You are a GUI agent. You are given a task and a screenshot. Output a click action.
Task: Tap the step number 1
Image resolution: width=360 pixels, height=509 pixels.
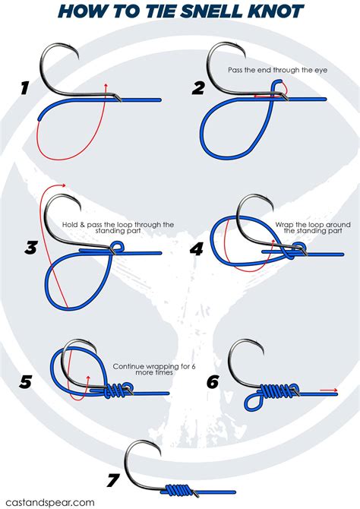click(x=24, y=88)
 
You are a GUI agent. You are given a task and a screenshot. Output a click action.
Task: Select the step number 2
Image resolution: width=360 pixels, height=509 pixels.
click(x=198, y=88)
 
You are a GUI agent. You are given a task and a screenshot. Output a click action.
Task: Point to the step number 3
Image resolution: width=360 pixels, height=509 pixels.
click(x=30, y=247)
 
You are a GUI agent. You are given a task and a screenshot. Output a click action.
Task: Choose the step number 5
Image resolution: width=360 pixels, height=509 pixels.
click(x=25, y=381)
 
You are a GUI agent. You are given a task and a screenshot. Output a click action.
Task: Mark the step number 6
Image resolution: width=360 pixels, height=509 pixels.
click(x=213, y=381)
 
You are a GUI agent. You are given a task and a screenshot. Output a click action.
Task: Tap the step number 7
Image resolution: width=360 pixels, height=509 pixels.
click(x=113, y=479)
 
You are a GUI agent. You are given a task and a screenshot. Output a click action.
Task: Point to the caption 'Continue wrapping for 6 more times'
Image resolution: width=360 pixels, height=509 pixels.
click(x=154, y=369)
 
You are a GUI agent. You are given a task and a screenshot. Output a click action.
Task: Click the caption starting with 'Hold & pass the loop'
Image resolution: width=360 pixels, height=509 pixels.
click(x=118, y=227)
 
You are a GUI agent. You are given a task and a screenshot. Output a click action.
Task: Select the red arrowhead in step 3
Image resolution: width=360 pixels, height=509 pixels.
click(x=65, y=185)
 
